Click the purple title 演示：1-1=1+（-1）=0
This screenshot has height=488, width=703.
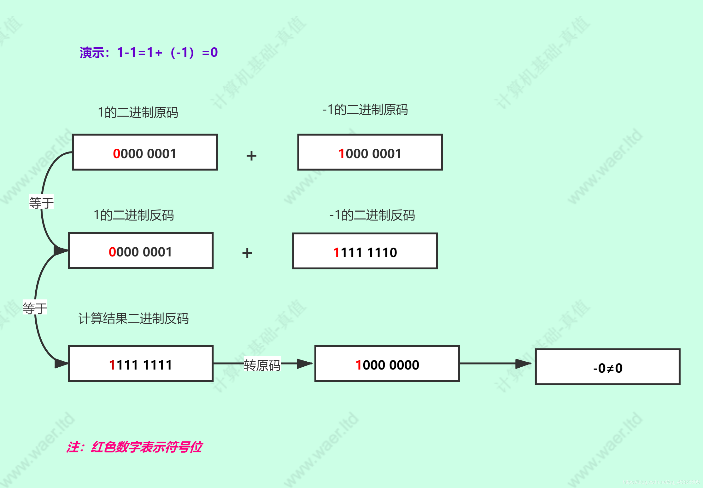click(x=149, y=53)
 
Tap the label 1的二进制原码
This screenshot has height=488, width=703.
click(x=138, y=112)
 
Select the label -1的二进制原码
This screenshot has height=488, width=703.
click(x=365, y=110)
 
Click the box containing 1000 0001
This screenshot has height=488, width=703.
click(x=370, y=152)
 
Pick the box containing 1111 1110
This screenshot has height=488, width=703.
click(x=365, y=251)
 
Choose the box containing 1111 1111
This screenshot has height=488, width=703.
click(x=141, y=364)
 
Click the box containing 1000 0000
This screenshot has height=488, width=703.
click(x=387, y=364)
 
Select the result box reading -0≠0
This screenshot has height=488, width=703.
click(x=607, y=367)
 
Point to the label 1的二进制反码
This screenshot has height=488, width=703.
click(x=134, y=215)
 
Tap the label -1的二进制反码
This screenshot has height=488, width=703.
click(x=372, y=215)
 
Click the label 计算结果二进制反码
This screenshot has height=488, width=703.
click(x=133, y=319)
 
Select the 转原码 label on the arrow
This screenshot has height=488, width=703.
click(x=262, y=365)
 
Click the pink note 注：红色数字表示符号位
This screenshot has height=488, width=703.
click(x=134, y=447)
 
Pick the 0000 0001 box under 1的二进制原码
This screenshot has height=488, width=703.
click(x=145, y=152)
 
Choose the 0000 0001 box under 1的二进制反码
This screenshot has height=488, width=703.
click(x=141, y=251)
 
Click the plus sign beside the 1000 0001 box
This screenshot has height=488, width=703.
click(x=251, y=156)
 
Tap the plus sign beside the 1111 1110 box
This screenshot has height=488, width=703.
click(x=247, y=253)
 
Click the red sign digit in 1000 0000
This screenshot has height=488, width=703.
click(x=358, y=365)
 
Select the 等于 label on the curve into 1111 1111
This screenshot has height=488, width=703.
click(x=35, y=307)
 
